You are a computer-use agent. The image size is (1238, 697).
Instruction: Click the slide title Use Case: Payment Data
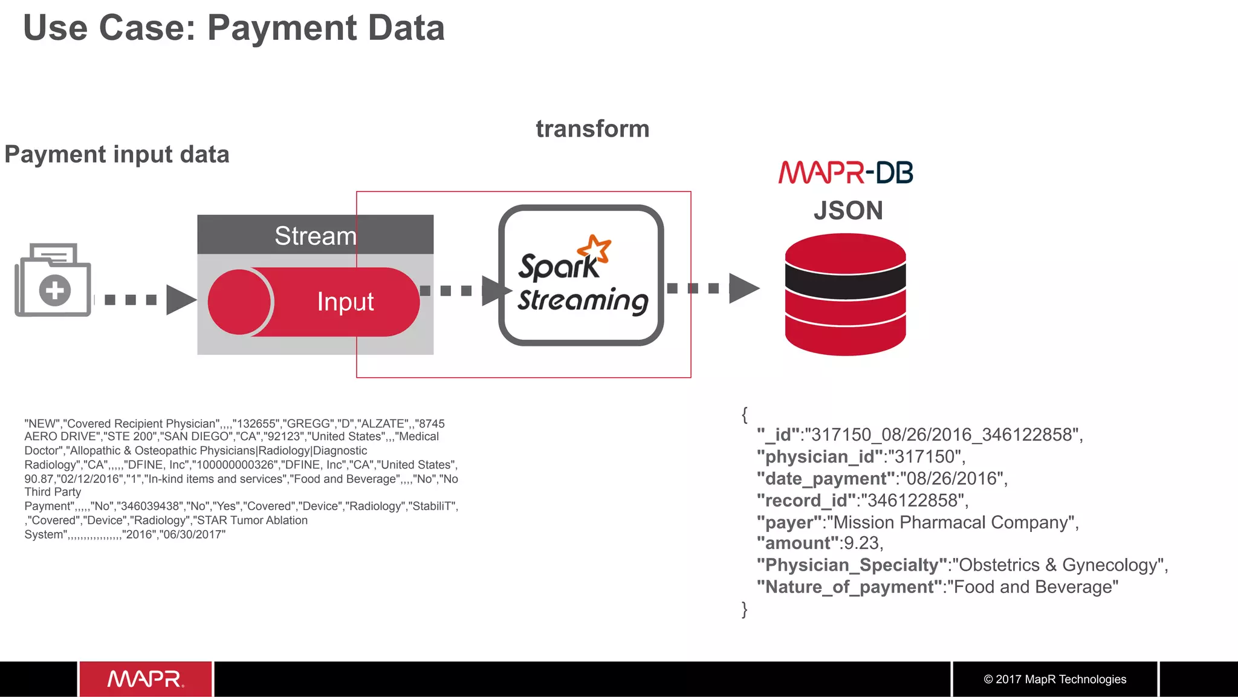[233, 28]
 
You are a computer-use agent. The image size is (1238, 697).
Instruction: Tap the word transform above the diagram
[592, 129]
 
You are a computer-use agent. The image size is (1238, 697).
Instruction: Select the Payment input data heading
[117, 155]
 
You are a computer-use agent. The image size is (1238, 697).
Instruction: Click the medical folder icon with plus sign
[53, 281]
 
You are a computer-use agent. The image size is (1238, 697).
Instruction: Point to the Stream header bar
[315, 235]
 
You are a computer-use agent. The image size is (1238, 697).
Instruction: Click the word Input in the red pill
[345, 302]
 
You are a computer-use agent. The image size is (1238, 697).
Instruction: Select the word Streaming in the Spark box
[583, 300]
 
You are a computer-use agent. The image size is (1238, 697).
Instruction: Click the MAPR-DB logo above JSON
[846, 172]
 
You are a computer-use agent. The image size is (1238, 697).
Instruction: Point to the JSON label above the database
[848, 211]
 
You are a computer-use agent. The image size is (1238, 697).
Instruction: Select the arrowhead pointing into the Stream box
[180, 300]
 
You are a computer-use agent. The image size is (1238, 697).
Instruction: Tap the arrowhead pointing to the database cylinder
[743, 288]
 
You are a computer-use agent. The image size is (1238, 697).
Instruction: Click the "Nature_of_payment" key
[849, 587]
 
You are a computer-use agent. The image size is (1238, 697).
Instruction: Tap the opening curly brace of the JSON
[745, 415]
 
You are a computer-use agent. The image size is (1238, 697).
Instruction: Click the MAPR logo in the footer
[146, 679]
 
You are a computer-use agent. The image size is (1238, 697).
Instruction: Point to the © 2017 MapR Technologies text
[1055, 679]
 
